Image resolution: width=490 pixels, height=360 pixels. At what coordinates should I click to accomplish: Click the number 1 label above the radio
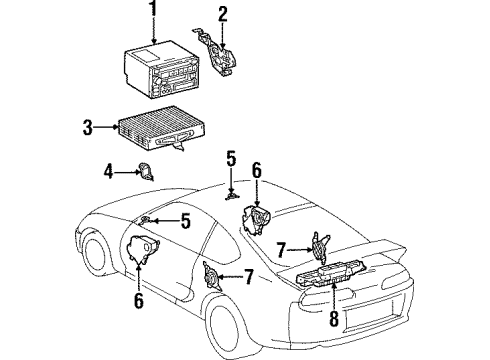click(x=153, y=12)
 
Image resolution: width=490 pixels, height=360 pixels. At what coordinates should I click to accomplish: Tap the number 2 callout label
click(x=223, y=13)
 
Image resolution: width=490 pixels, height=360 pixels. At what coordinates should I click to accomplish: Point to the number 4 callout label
click(x=107, y=173)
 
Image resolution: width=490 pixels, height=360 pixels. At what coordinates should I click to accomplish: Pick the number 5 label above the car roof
click(x=231, y=158)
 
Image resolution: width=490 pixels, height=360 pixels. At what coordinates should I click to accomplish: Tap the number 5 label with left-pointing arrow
click(x=185, y=222)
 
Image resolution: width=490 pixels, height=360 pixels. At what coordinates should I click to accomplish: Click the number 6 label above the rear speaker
click(x=257, y=172)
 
